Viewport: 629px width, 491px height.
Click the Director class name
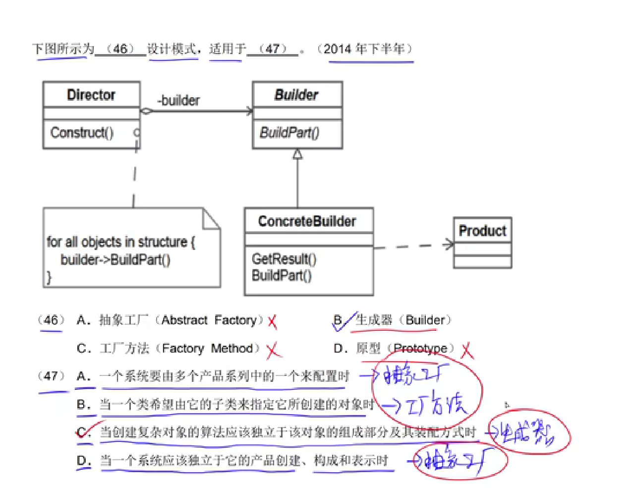(x=91, y=95)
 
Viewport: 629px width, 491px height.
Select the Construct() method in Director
(x=82, y=132)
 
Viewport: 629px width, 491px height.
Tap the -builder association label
(x=178, y=101)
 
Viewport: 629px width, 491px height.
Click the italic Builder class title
(x=296, y=95)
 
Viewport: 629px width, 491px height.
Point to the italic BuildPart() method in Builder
(x=289, y=132)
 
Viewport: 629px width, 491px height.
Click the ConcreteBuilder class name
(x=307, y=221)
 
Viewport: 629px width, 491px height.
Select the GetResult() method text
(x=284, y=258)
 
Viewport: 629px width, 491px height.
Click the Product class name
(x=482, y=231)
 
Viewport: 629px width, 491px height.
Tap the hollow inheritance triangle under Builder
(x=297, y=154)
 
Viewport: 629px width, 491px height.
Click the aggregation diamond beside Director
(x=147, y=111)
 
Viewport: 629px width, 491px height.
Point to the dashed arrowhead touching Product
(x=449, y=244)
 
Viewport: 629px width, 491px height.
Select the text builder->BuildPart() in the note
(x=115, y=260)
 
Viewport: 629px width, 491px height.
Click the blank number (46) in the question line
(x=120, y=49)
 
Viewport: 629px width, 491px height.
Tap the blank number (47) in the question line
(x=273, y=49)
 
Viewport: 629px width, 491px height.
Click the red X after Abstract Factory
(x=272, y=322)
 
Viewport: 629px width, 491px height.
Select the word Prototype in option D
(x=420, y=349)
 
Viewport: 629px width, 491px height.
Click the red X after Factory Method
(x=273, y=351)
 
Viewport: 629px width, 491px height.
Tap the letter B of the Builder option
(x=338, y=320)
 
